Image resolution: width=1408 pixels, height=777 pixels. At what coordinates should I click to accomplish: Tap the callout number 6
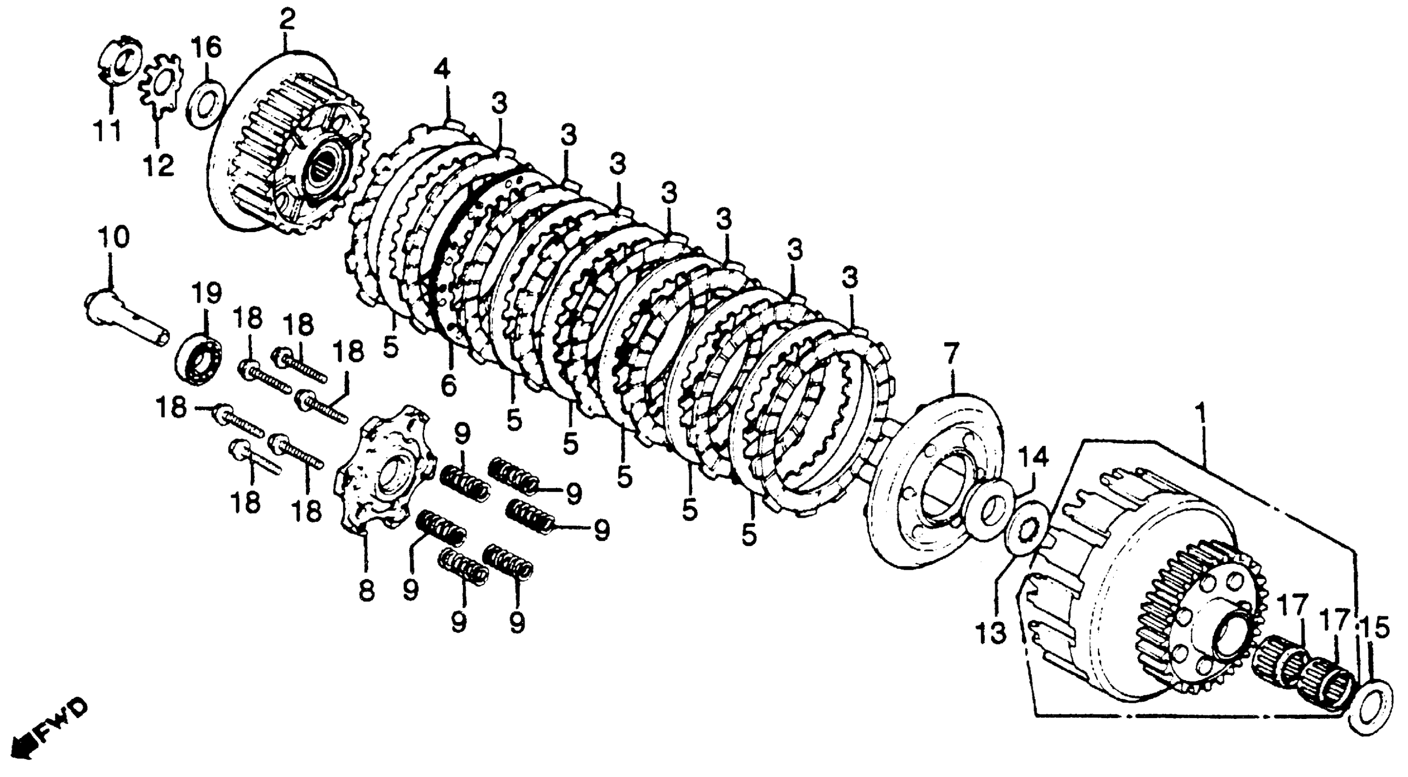tap(448, 387)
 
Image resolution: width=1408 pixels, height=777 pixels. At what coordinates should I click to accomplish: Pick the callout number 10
tap(114, 239)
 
